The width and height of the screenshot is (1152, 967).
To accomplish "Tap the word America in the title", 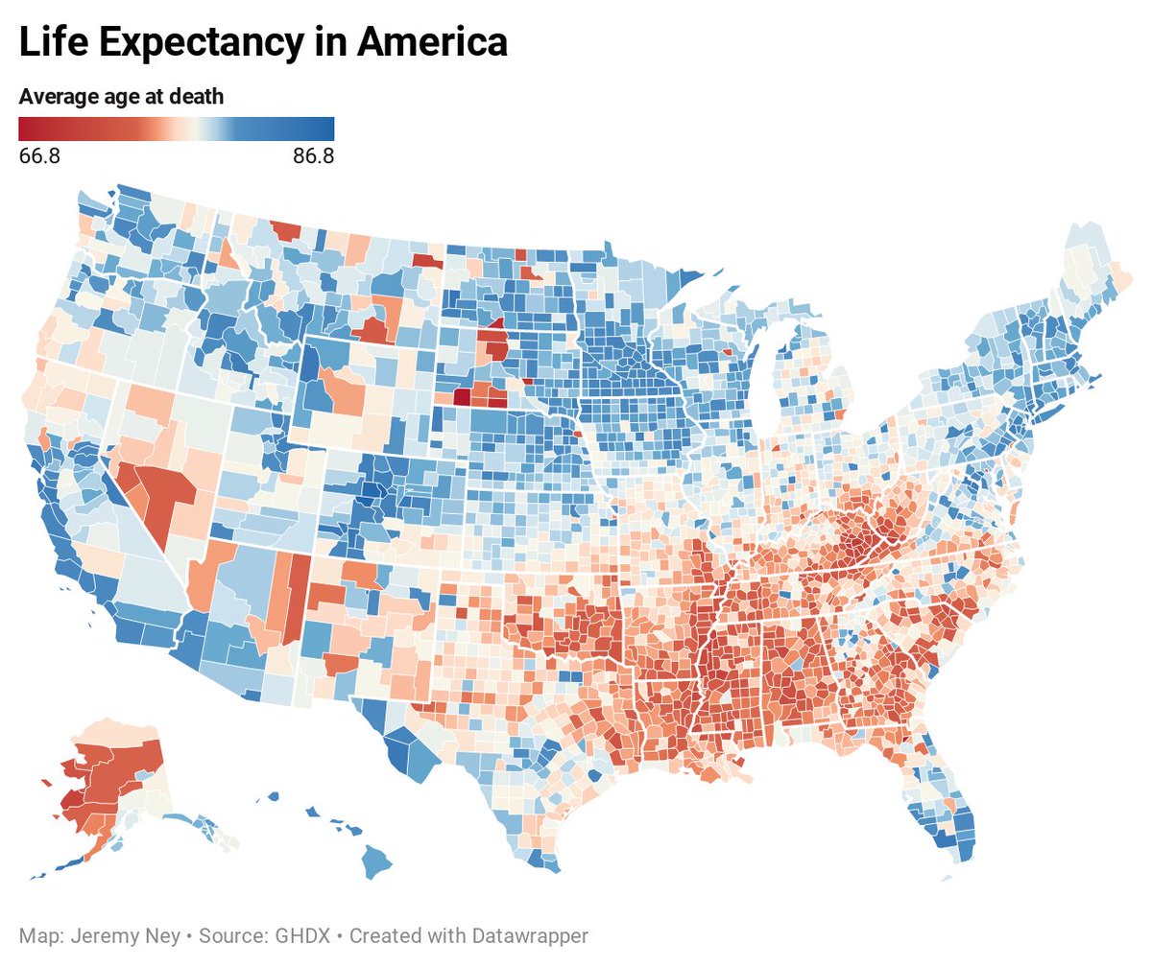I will pyautogui.click(x=431, y=42).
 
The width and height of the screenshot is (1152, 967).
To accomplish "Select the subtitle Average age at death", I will pyautogui.click(x=121, y=96).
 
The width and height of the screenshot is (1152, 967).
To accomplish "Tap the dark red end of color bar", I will pyautogui.click(x=26, y=129).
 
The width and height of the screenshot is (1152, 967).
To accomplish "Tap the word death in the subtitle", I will pyautogui.click(x=198, y=96).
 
